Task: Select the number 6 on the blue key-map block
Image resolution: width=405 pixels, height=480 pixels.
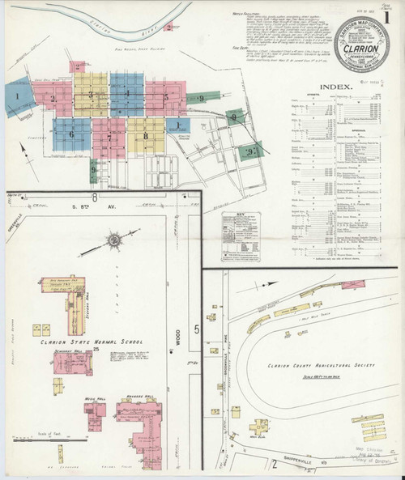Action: tap(71, 134)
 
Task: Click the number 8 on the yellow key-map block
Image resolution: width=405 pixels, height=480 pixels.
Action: tap(146, 137)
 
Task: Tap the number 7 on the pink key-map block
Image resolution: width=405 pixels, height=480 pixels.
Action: tap(109, 137)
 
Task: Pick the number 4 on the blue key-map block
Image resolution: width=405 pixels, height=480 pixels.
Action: tap(127, 95)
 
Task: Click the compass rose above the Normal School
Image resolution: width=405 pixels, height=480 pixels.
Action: tap(114, 239)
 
